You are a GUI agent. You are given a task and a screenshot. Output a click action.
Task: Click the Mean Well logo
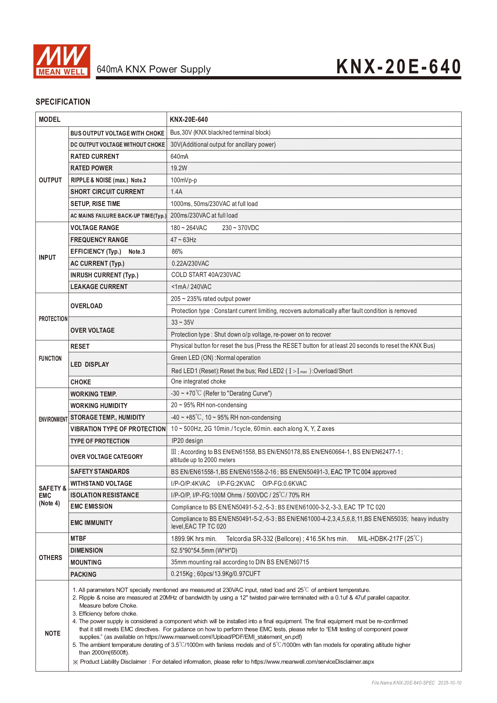coord(62,61)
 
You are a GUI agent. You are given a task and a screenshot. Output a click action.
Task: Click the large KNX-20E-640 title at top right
coord(398,67)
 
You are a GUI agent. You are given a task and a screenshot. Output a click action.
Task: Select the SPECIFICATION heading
coord(63,102)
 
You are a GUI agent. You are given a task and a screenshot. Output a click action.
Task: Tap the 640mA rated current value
coord(179,156)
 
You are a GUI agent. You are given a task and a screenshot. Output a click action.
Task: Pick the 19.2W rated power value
coord(179,168)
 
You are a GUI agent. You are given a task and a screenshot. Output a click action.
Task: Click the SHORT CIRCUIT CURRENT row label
coord(107,192)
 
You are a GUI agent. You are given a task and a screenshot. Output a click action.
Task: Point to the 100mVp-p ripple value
coord(183,180)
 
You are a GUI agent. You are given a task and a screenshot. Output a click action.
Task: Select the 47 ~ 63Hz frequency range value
coord(183,240)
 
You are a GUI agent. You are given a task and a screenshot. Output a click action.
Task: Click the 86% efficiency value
coord(177,251)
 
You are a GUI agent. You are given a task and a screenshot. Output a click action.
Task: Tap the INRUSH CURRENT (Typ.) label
coord(104,275)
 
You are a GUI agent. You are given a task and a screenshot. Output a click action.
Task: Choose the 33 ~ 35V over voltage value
coord(182,322)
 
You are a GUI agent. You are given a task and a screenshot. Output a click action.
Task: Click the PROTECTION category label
coord(53,319)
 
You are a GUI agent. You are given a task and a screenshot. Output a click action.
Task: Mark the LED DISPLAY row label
coord(90,364)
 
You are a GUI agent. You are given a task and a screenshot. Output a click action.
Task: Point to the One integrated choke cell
coord(198,381)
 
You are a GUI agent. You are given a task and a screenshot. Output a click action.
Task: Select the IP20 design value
coord(187,440)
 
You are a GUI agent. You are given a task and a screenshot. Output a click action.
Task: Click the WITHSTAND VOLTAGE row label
coord(101,483)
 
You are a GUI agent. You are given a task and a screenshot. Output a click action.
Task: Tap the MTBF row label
coord(78,538)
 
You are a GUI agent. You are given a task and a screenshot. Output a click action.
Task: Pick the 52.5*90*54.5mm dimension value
coord(204,550)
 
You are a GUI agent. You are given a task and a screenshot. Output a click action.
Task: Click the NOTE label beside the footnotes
coord(52,633)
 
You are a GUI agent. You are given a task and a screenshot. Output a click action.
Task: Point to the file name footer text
coord(416,683)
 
